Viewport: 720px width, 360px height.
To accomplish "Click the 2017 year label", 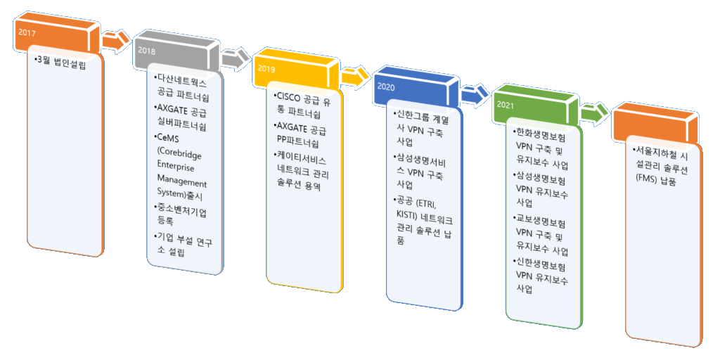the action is tap(27, 32).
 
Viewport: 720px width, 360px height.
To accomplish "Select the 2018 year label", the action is tap(146, 51).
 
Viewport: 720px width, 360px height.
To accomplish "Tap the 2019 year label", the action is tap(266, 68).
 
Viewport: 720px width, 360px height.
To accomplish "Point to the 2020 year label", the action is tap(386, 86).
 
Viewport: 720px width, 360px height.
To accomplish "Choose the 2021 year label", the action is tap(506, 105).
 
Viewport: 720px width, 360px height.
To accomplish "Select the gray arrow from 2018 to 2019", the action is tap(235, 59).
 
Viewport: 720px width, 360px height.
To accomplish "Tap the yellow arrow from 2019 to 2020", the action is tap(354, 77).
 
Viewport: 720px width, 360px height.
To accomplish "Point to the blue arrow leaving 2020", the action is tap(474, 95).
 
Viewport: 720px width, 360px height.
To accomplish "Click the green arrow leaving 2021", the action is tap(593, 113).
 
